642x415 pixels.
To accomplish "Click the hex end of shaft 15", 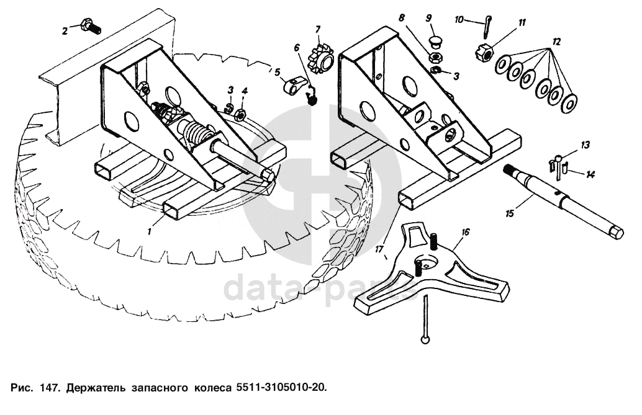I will click(617, 233).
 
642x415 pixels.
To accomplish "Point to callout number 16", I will click(465, 232).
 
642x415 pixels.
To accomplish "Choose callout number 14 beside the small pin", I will click(590, 175).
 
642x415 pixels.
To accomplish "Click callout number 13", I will click(585, 145).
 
